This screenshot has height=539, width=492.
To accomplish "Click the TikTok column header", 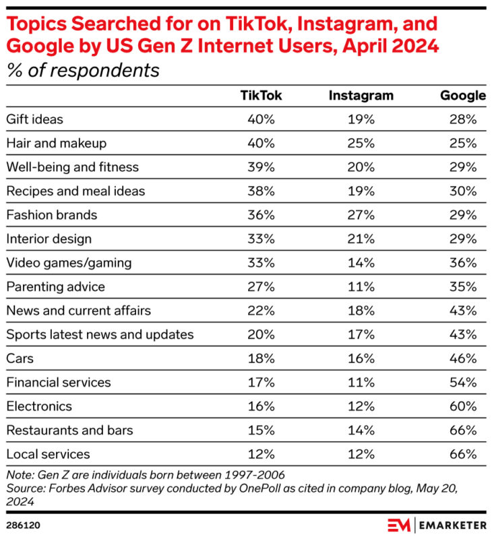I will [x=261, y=96].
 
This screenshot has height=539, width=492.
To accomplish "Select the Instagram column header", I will [x=361, y=96].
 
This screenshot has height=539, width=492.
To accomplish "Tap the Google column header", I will [x=462, y=96].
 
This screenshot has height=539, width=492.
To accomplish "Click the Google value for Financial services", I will [x=464, y=382].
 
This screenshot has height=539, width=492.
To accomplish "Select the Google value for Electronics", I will [x=464, y=406].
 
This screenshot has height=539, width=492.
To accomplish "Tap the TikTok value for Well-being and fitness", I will [x=261, y=167].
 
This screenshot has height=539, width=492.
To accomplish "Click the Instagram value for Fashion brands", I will [x=361, y=215].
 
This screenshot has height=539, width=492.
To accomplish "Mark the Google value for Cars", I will [x=464, y=358].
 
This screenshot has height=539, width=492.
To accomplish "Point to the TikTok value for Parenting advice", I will [x=261, y=286].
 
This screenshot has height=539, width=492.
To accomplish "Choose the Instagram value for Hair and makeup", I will [x=361, y=144].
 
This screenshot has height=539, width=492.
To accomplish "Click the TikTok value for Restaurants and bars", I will [x=261, y=430].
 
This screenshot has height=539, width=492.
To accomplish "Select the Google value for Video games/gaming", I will [x=464, y=263].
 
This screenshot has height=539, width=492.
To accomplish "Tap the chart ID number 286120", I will [x=22, y=523].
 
